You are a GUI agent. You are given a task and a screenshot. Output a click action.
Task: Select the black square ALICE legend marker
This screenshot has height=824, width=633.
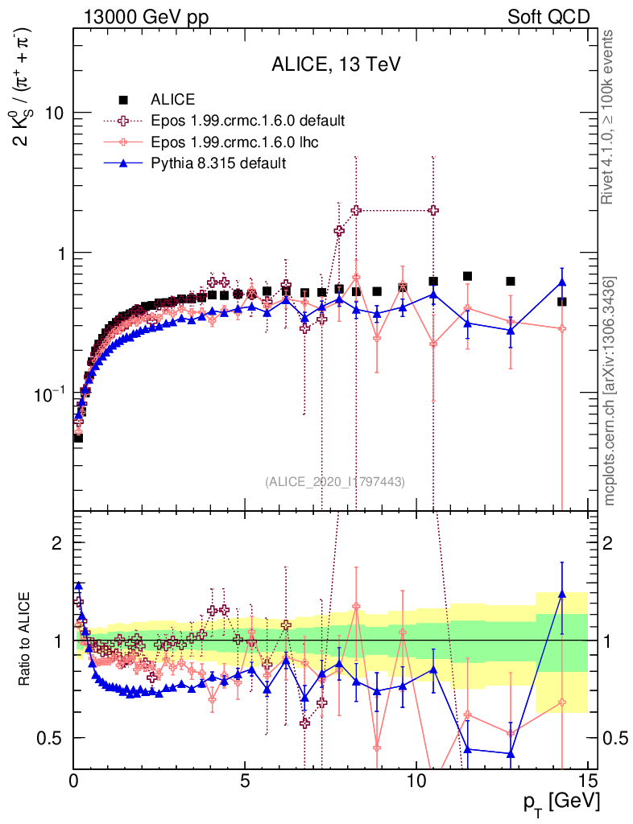124,100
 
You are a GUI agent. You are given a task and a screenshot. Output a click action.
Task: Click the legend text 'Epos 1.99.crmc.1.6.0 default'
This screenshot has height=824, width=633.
248,121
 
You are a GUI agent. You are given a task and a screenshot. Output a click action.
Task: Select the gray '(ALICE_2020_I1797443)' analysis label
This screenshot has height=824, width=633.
334,481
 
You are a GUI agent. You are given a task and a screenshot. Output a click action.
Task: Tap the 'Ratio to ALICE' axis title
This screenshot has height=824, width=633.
27,641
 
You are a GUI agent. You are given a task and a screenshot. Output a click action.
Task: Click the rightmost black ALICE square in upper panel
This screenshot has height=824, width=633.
562,302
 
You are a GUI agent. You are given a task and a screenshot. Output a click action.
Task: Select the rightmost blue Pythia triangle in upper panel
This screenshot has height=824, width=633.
562,282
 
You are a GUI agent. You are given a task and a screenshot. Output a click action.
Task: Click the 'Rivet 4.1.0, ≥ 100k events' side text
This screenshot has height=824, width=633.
609,117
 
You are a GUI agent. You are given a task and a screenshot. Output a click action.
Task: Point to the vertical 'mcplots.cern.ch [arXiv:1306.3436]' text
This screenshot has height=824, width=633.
609,391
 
